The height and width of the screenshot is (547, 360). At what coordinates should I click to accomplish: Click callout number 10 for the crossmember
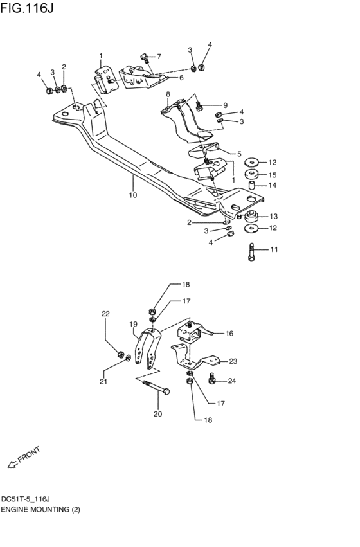point(132,195)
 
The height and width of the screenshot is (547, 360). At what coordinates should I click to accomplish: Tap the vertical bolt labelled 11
point(251,251)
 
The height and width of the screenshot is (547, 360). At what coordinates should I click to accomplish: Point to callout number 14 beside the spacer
point(273,185)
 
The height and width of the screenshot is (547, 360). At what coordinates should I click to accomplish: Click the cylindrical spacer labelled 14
point(253,186)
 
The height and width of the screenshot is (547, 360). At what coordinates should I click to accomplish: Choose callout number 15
point(273,174)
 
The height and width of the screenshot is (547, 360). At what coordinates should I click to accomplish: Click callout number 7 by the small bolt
point(159,57)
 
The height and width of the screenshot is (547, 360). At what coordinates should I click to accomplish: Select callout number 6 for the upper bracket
point(181,78)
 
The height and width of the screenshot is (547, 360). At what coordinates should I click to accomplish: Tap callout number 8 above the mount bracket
point(168,94)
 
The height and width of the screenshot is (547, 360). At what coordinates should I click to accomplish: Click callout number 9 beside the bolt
point(225,105)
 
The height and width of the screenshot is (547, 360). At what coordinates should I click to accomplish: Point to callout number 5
point(239,154)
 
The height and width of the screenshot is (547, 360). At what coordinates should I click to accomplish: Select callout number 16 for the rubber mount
point(229,334)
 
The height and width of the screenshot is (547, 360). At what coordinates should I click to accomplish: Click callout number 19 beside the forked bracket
point(134,324)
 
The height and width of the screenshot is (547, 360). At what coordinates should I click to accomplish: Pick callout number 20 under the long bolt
point(157,414)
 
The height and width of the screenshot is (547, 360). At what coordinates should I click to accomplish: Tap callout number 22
point(106,314)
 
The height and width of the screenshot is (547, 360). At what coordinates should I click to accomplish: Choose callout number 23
point(233,361)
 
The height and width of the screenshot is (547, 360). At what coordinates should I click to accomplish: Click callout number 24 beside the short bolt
point(231,381)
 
